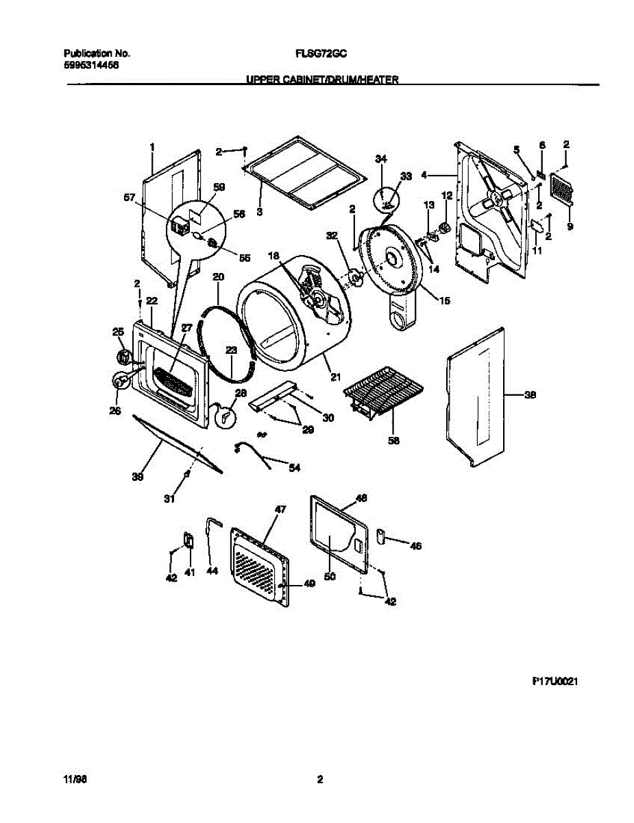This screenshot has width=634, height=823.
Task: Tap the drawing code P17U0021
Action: point(551,682)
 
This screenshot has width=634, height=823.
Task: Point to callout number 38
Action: point(531,395)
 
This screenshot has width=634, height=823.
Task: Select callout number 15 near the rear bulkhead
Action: point(445,300)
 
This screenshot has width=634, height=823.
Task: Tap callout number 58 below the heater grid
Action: point(393,440)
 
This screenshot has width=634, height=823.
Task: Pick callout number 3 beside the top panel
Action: point(260,213)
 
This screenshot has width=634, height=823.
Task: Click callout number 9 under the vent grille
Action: point(570,226)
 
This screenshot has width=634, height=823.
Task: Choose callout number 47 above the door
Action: point(280,510)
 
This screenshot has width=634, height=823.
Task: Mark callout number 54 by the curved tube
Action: point(294,468)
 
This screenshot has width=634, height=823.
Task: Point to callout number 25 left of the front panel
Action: point(117,333)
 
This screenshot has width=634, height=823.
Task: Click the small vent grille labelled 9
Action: point(561,189)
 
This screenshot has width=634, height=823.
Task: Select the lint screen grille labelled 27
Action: point(171,380)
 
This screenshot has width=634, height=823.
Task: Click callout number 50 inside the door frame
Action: point(330,577)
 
